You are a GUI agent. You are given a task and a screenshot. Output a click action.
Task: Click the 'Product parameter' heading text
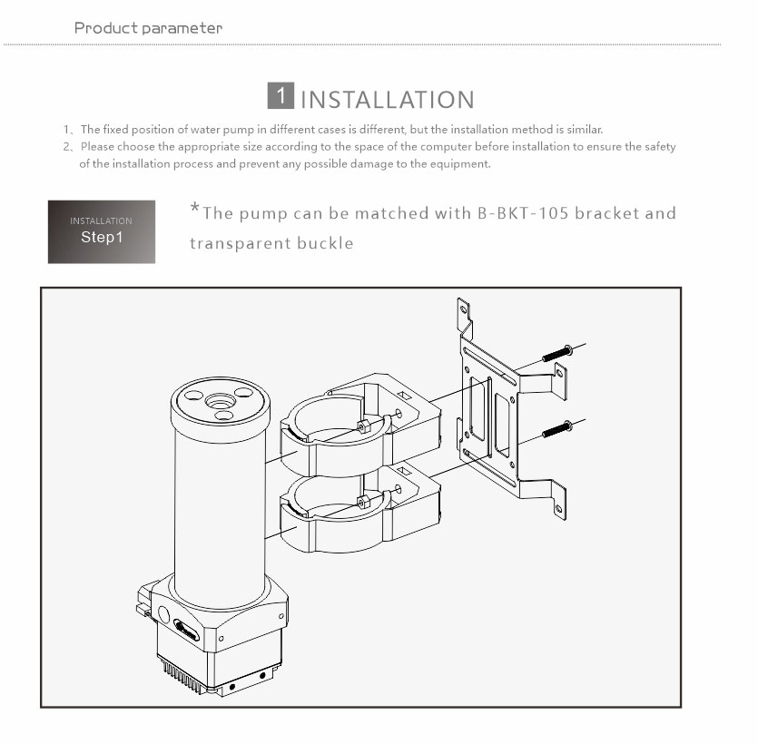click(x=148, y=28)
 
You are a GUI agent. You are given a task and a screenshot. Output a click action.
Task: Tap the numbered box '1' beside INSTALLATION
click(x=281, y=95)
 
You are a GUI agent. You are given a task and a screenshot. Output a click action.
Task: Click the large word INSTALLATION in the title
click(x=388, y=100)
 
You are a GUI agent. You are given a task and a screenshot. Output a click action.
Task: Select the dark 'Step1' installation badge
click(x=102, y=232)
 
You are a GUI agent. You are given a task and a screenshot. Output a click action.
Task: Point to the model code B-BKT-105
click(x=523, y=213)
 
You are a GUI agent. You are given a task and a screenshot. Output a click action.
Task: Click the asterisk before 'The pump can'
click(x=194, y=208)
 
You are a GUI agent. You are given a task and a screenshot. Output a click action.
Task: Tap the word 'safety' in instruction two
click(x=659, y=147)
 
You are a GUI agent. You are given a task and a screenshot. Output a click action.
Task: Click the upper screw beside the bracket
click(x=557, y=353)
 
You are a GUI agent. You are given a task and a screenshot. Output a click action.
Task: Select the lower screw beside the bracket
click(x=557, y=429)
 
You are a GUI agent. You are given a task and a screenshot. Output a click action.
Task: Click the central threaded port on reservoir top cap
click(x=221, y=401)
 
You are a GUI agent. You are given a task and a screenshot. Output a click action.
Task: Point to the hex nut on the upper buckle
click(x=363, y=426)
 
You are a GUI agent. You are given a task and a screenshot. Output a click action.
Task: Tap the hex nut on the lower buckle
click(x=363, y=502)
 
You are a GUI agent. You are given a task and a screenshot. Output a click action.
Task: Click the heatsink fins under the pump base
click(x=183, y=675)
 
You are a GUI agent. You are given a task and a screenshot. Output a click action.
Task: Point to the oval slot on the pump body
click(x=187, y=630)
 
